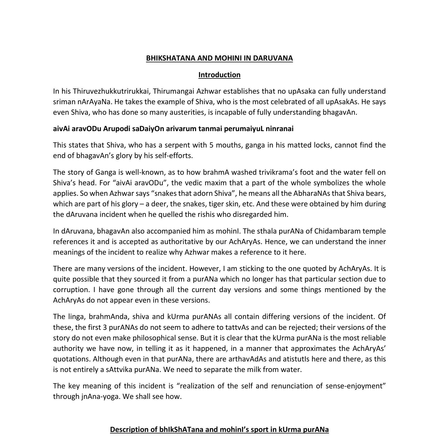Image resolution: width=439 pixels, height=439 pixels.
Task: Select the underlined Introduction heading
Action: pos(219,75)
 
